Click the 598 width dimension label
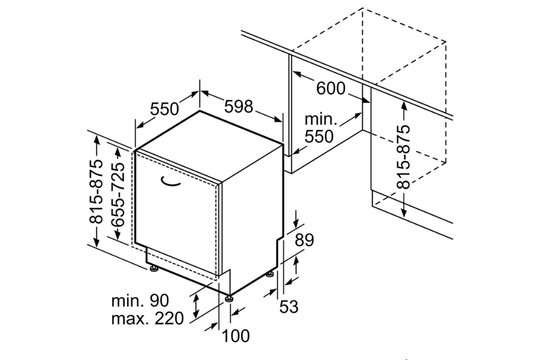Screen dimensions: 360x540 click(238, 106)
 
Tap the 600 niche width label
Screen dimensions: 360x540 click(338, 88)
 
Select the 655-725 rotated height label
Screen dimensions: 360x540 click(119, 194)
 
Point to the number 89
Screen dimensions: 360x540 click(304, 240)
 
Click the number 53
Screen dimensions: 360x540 click(289, 306)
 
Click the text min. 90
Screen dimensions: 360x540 click(140, 301)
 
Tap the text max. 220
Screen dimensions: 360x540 click(147, 319)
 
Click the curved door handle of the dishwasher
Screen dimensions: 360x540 click(170, 182)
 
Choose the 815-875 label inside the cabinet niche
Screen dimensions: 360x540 click(404, 157)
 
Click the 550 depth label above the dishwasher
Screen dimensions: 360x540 click(165, 109)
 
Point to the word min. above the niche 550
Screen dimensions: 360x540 click(321, 119)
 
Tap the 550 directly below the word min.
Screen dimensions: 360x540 click(319, 137)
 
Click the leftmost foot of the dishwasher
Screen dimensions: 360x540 click(154, 269)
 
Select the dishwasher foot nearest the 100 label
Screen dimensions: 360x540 click(229, 299)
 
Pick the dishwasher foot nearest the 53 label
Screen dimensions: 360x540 click(271, 274)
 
